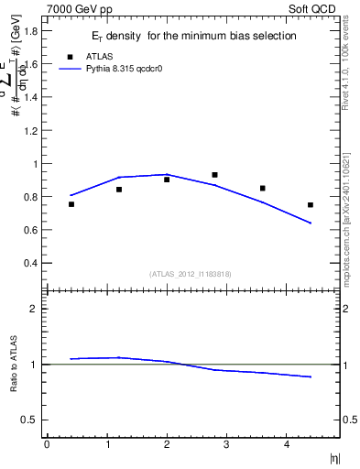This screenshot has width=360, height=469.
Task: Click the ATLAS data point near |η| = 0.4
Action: pyautogui.click(x=71, y=204)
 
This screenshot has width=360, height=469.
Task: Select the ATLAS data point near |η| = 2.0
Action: pyautogui.click(x=167, y=180)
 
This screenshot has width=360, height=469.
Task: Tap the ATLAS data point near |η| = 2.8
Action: pyautogui.click(x=214, y=175)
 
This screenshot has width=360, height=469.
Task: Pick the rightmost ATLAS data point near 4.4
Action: pyautogui.click(x=311, y=205)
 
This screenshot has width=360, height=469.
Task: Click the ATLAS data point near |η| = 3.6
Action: pyautogui.click(x=263, y=189)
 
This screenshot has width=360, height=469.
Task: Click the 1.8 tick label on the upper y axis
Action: pyautogui.click(x=31, y=31)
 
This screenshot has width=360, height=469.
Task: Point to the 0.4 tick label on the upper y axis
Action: pyautogui.click(x=31, y=263)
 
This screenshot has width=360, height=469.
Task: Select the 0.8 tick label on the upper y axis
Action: pyautogui.click(x=31, y=197)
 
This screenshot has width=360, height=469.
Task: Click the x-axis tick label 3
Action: pyautogui.click(x=226, y=444)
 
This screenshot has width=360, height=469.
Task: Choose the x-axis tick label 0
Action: pyautogui.click(x=47, y=444)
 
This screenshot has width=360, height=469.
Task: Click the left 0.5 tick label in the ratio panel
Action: pyautogui.click(x=31, y=420)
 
